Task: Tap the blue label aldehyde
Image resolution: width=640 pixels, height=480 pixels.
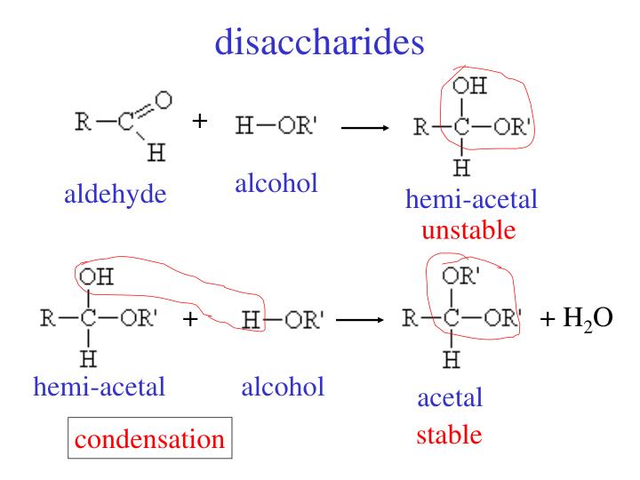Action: (x=116, y=195)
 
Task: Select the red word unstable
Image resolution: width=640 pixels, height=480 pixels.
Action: (x=468, y=232)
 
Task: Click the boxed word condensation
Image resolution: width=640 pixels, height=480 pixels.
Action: (x=149, y=439)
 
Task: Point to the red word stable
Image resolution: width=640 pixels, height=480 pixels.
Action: (x=451, y=435)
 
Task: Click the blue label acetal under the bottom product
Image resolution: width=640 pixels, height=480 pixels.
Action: (x=450, y=398)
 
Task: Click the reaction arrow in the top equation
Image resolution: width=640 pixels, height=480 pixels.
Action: (x=365, y=129)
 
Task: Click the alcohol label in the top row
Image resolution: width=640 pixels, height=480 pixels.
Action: (x=276, y=185)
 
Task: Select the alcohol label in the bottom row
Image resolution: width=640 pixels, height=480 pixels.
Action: (x=282, y=387)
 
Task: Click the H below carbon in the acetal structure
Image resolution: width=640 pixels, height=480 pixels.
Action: (x=451, y=361)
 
